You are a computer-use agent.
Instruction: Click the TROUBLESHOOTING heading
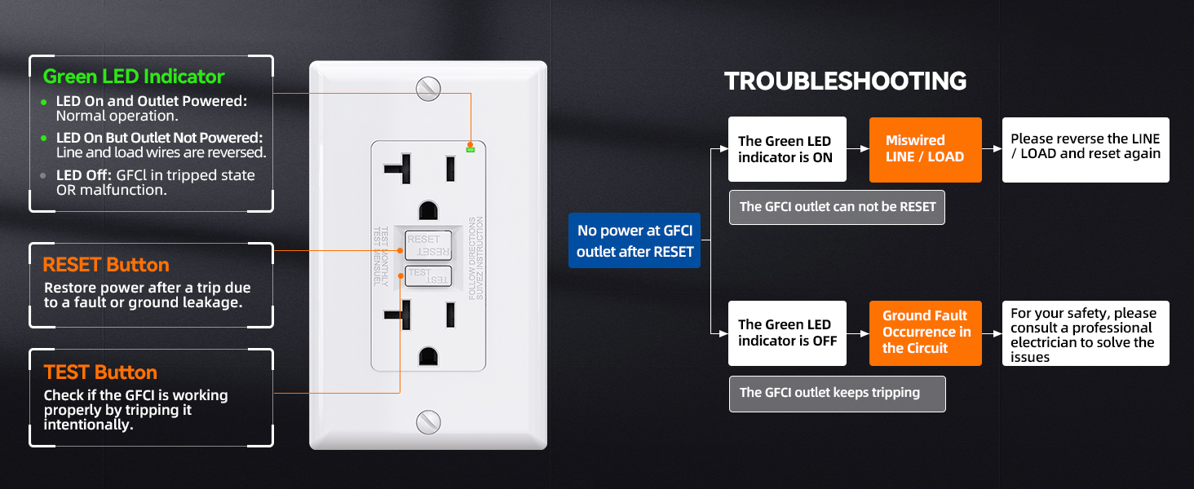pos(845,81)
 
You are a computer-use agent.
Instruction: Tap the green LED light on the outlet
pos(470,150)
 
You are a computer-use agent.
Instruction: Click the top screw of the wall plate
pos(428,88)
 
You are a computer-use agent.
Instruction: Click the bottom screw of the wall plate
pos(428,422)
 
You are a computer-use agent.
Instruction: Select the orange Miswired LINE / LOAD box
pos(926,150)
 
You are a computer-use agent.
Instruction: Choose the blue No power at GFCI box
pos(635,240)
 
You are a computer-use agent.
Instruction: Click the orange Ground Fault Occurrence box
pos(926,333)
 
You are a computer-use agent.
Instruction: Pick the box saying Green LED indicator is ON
pos(787,149)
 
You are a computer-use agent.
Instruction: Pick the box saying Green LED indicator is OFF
pos(787,333)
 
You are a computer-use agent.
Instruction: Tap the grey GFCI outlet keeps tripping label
pos(838,394)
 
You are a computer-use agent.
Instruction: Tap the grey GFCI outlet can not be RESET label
pos(837,207)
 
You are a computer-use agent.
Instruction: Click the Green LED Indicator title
pos(134,77)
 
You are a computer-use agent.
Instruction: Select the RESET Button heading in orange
pos(106,265)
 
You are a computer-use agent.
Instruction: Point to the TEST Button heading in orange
pos(100,372)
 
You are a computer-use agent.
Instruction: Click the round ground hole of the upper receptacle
pos(428,210)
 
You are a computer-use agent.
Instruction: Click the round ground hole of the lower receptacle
pos(428,356)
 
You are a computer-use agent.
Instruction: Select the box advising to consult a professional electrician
pos(1086,333)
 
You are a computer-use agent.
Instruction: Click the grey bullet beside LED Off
pos(42,175)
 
